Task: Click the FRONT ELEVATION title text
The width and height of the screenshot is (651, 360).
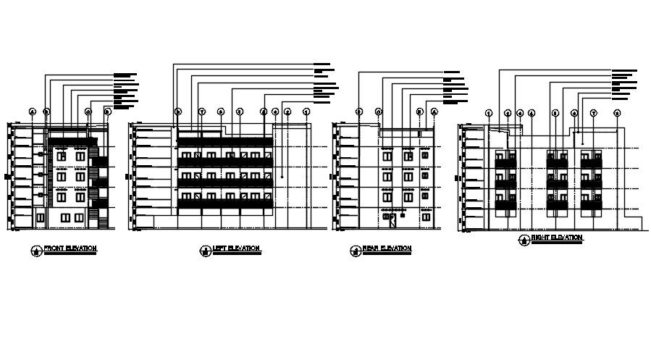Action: pyautogui.click(x=70, y=248)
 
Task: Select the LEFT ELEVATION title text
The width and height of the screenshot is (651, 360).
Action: pyautogui.click(x=235, y=248)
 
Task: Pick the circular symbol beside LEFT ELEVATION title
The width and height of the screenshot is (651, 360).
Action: pyautogui.click(x=204, y=251)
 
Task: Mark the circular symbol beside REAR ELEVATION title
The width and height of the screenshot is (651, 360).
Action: pyautogui.click(x=355, y=251)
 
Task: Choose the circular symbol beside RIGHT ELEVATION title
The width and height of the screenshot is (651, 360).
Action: pyautogui.click(x=524, y=240)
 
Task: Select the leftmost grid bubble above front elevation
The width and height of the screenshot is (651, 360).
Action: pyautogui.click(x=32, y=111)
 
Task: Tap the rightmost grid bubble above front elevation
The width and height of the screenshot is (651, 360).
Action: pyautogui.click(x=107, y=111)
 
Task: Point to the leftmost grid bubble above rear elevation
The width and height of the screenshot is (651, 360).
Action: pyautogui.click(x=358, y=112)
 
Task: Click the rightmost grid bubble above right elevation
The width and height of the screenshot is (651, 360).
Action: pyautogui.click(x=617, y=113)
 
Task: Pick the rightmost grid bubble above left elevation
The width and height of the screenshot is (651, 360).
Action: pyautogui.click(x=306, y=112)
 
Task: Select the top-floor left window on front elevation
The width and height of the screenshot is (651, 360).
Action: pyautogui.click(x=63, y=155)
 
